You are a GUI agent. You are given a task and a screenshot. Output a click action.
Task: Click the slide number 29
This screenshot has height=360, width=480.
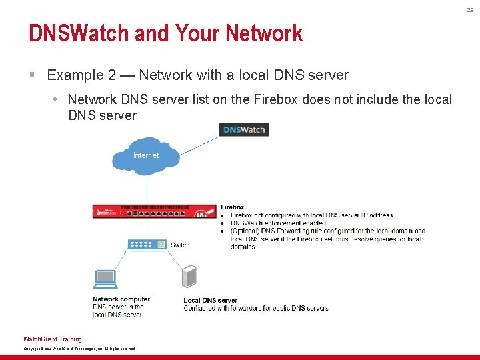469,9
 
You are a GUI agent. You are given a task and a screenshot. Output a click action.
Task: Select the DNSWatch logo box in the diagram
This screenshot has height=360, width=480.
244,129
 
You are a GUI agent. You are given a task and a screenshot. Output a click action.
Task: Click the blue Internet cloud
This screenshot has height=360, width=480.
146,156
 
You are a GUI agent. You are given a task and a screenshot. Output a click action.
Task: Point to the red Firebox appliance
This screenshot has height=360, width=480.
154,211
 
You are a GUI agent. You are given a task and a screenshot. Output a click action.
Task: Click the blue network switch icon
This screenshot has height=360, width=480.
147,244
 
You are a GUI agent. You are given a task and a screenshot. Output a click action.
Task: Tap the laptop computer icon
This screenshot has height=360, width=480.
106,279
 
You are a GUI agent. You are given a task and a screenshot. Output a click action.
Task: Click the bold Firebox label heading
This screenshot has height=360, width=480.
232,207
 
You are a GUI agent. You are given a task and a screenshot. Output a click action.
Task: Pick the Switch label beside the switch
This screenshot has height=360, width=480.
180,245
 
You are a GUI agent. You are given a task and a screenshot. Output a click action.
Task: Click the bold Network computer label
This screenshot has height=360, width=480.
121,299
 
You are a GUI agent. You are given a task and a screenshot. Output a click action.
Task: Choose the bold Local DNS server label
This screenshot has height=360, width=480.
211,301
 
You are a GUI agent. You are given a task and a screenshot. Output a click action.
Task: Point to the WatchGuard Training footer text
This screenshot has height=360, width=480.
53,339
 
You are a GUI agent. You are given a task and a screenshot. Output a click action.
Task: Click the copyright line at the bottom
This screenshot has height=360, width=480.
79,349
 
